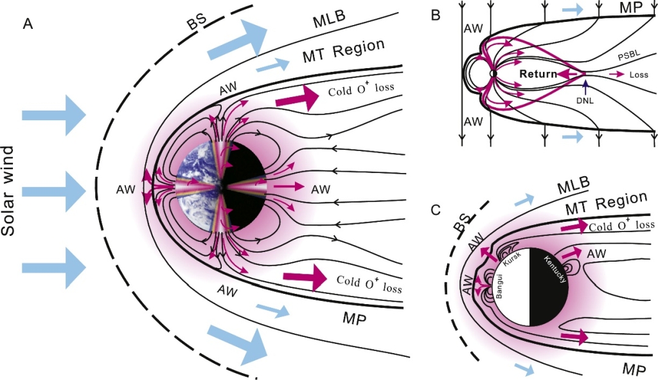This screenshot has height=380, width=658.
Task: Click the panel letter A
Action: (x=28, y=24)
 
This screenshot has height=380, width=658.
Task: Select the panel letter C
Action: (x=435, y=210)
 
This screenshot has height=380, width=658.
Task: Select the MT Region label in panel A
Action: (x=343, y=49)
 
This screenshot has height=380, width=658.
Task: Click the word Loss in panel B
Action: (x=639, y=75)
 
